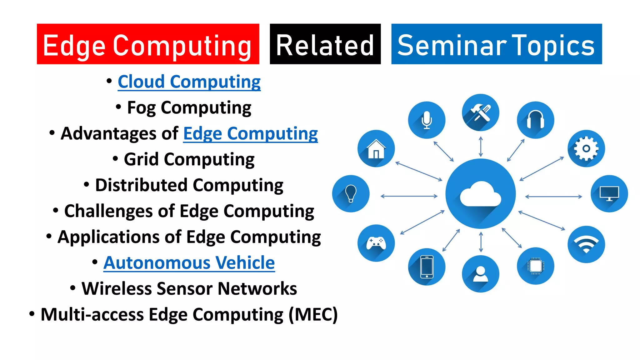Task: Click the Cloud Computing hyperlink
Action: [189, 82]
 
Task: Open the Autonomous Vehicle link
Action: [189, 262]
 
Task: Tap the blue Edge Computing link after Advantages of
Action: [250, 134]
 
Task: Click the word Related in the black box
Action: [325, 46]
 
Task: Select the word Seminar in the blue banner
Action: [452, 46]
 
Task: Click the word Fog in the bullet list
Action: [141, 108]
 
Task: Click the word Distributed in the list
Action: [141, 185]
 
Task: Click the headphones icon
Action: [535, 120]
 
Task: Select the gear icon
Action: [586, 148]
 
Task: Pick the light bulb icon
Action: [351, 193]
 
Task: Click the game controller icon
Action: [376, 243]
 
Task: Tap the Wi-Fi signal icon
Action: [586, 244]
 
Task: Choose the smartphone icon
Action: [427, 267]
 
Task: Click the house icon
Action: [376, 149]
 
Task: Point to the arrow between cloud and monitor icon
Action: [553, 197]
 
